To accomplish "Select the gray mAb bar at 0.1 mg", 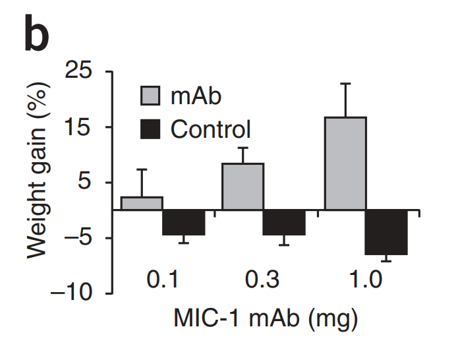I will click(x=142, y=203).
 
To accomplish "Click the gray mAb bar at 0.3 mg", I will click(x=242, y=187).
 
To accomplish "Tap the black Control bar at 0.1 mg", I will click(x=184, y=222).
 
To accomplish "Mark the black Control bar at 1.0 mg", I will click(x=387, y=232).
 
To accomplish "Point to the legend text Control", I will click(x=211, y=128).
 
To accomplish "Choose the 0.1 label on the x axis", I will click(x=162, y=280).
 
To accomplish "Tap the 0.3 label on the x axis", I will click(x=262, y=280).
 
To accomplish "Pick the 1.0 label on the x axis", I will click(x=364, y=280).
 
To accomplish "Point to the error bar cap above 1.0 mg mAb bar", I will click(x=345, y=84).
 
